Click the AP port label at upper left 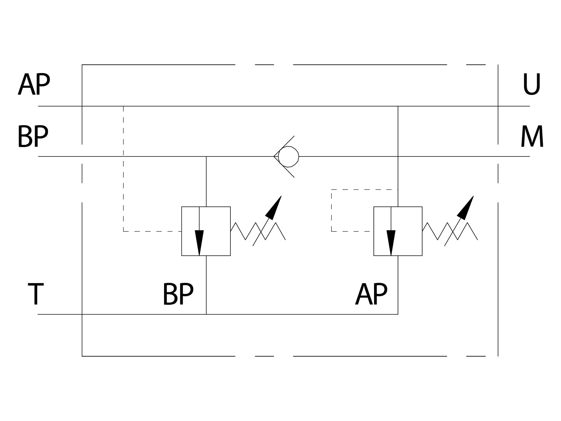coord(34,84)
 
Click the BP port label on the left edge coord(33,136)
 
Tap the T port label coord(36,294)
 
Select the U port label coord(532,84)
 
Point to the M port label coord(532,136)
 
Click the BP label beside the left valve coord(178,294)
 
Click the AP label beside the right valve coord(371,294)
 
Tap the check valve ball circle coord(289,156)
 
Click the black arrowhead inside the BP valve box coord(200,243)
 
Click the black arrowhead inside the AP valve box coord(391,243)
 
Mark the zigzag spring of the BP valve coord(258,231)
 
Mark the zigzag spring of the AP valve coord(450,231)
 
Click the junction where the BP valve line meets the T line coord(206,314)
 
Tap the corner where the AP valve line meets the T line coord(398,314)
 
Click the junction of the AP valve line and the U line coord(398,106)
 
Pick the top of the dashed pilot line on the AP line coord(123,106)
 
